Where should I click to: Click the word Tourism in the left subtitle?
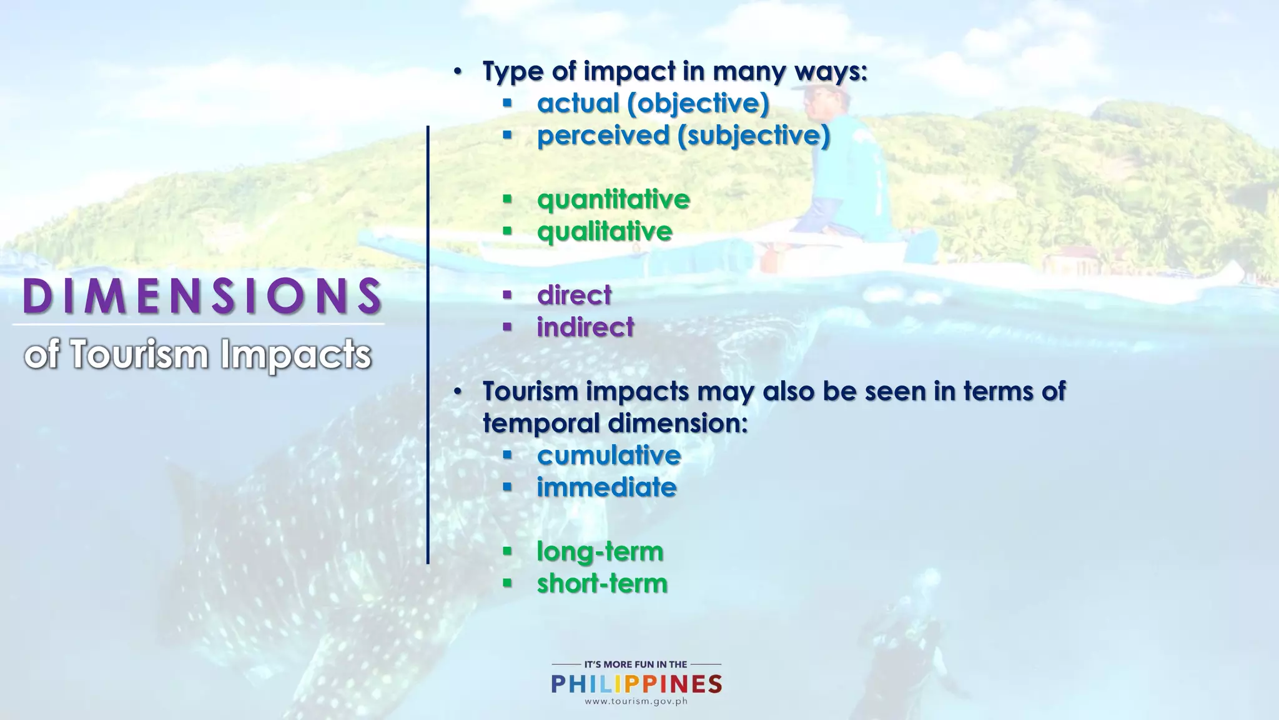click(x=139, y=354)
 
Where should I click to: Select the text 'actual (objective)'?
click(x=653, y=103)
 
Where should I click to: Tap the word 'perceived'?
click(x=603, y=136)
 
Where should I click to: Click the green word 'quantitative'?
click(x=613, y=199)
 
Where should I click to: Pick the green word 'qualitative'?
click(x=605, y=231)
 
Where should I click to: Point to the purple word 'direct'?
click(x=574, y=295)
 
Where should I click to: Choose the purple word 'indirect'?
click(x=585, y=327)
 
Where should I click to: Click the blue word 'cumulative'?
click(x=608, y=455)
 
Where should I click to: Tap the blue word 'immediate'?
click(x=606, y=487)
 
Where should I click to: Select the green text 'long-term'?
click(x=600, y=551)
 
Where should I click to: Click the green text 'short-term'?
click(x=602, y=583)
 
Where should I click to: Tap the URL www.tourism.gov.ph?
click(x=636, y=701)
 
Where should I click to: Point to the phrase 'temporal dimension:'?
click(x=615, y=423)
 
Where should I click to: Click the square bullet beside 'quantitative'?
click(x=507, y=199)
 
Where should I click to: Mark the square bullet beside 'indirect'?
click(x=507, y=326)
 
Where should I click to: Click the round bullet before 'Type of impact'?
click(x=458, y=71)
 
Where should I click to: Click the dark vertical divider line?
click(x=428, y=344)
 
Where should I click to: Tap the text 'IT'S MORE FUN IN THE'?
click(x=635, y=664)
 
